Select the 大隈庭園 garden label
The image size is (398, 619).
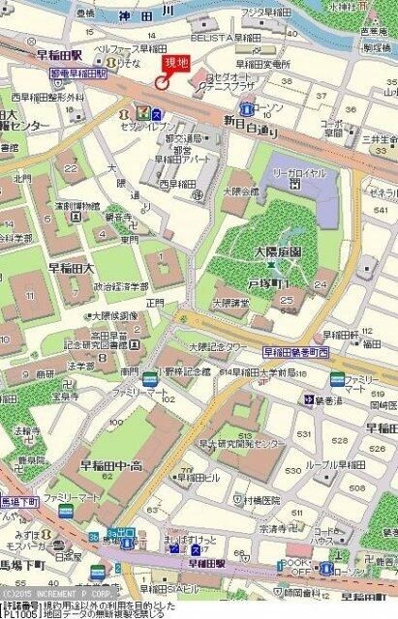[251, 250]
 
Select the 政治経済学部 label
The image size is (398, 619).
[122, 287]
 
